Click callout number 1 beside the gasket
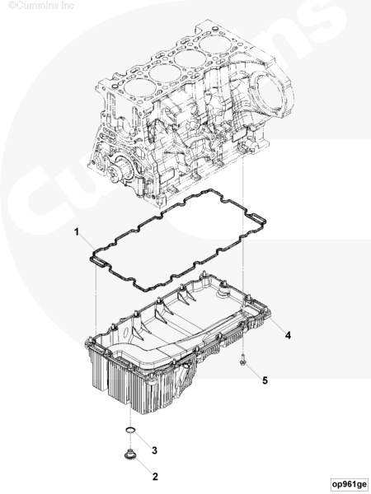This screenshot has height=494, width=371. coord(77,232)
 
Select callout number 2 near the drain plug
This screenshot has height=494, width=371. coord(155,477)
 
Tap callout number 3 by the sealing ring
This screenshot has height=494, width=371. coord(154,450)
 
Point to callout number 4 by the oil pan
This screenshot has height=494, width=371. coord(288,335)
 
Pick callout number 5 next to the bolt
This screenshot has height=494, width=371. coord(265,380)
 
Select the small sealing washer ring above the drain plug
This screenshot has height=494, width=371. coord(130,430)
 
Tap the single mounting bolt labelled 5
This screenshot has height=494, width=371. coord(242,360)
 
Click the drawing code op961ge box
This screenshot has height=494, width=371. coord(350,483)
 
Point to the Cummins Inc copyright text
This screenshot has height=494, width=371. coord(41,5)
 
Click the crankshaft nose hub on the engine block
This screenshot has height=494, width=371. coord(117,169)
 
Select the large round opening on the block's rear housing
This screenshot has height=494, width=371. coord(269,92)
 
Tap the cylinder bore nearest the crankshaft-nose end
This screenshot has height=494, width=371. coord(139,88)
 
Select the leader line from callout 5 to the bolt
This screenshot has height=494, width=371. coord(254,370)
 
